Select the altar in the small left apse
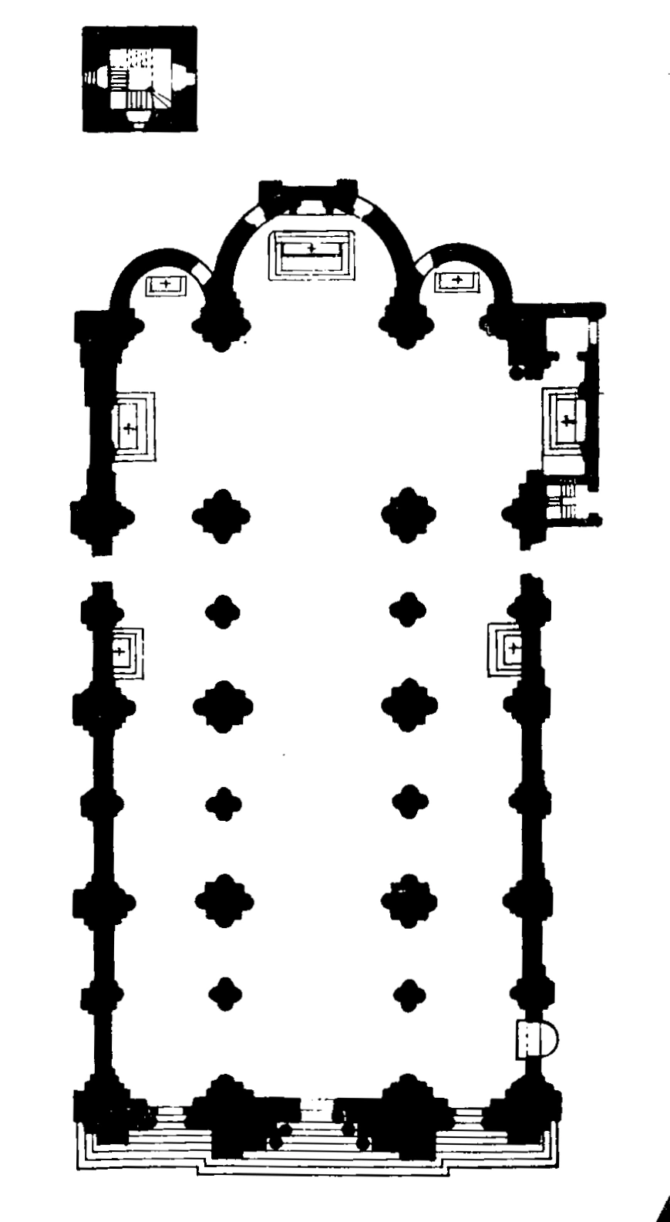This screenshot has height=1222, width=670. [166, 284]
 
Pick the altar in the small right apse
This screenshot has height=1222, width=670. [456, 281]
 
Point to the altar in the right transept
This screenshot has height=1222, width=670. [567, 420]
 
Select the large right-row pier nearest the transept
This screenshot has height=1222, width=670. [409, 515]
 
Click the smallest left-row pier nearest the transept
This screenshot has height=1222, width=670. [223, 611]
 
